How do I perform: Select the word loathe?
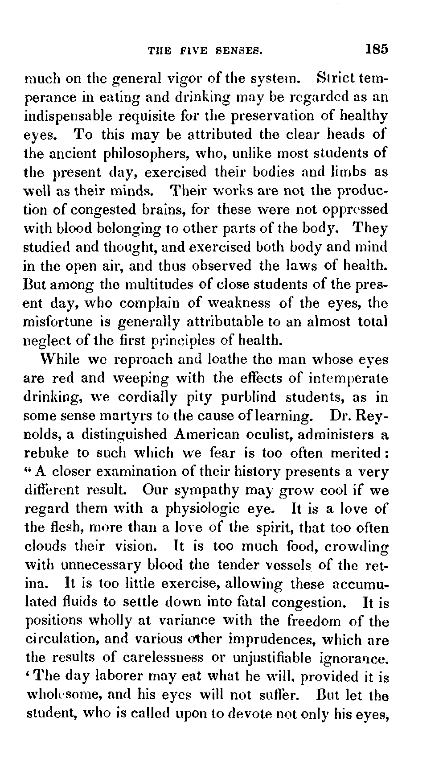point(227,359)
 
